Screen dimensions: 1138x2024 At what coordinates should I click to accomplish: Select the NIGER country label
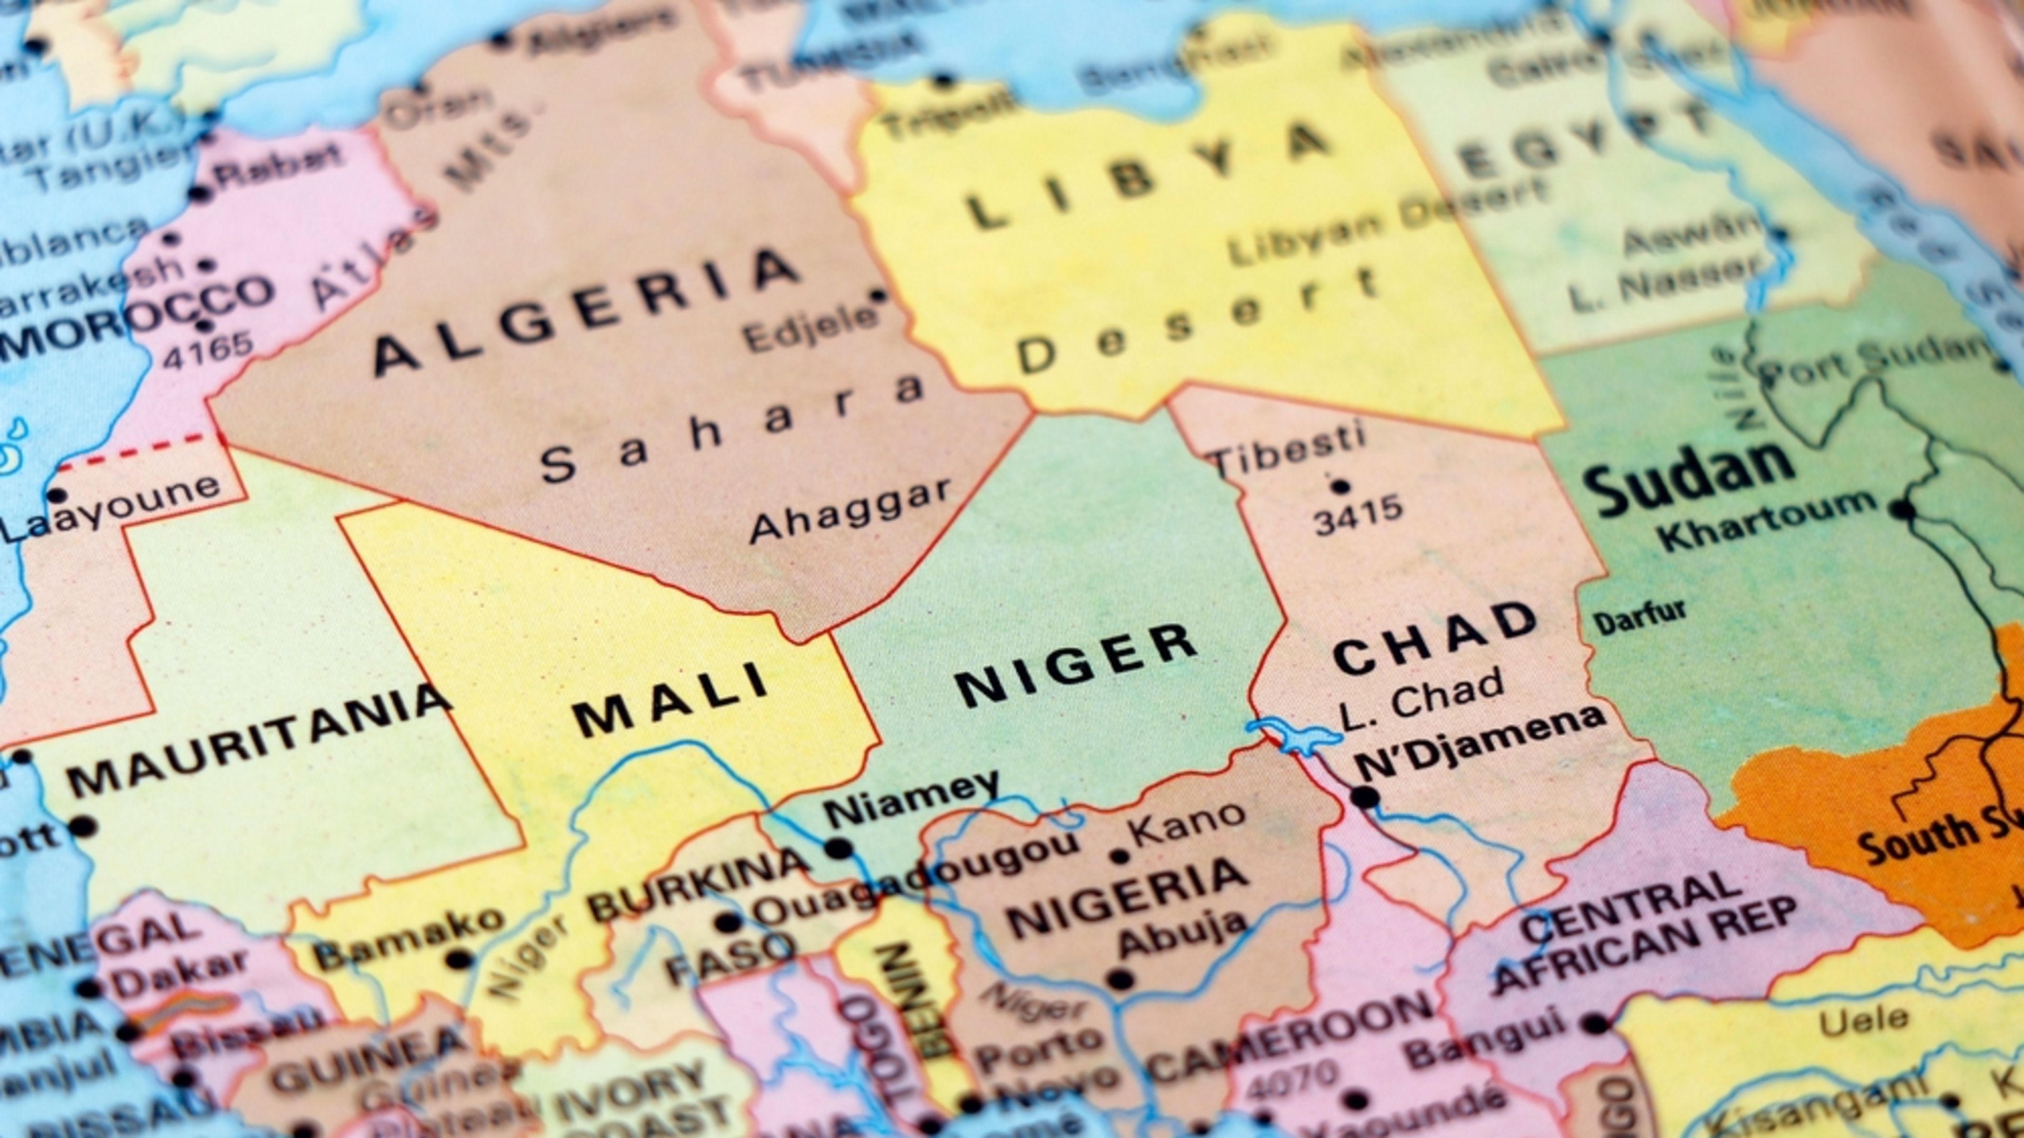tap(1076, 664)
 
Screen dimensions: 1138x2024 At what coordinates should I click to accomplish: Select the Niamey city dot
tap(839, 848)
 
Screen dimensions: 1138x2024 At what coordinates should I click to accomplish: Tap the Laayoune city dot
tap(56, 496)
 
